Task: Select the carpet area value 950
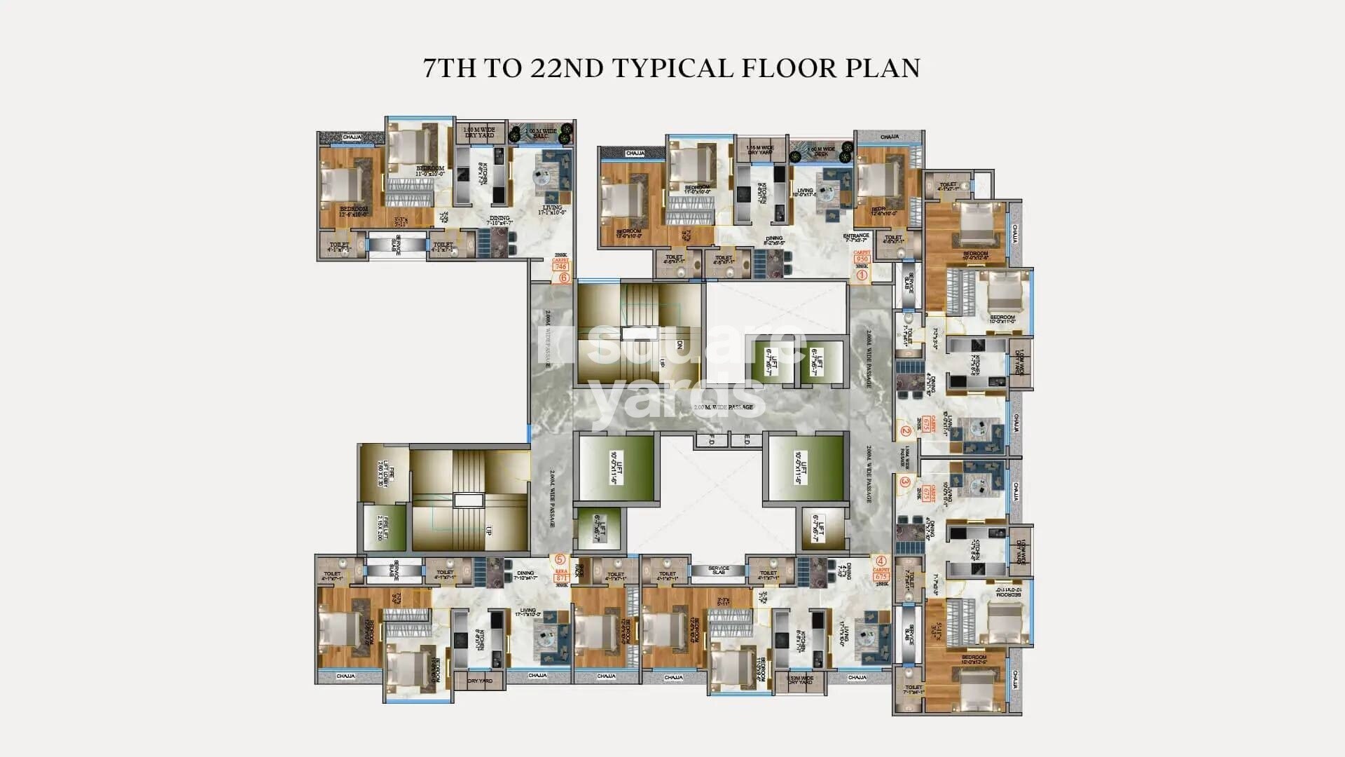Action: point(862,259)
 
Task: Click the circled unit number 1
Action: point(862,275)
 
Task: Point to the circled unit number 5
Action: point(560,559)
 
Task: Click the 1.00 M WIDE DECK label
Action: point(821,151)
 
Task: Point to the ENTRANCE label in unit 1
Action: point(856,238)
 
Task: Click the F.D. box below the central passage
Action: point(710,441)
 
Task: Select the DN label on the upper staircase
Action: point(679,346)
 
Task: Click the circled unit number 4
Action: point(881,561)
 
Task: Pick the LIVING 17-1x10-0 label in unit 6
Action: point(551,210)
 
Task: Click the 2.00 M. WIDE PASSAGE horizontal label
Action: point(723,407)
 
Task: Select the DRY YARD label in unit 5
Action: point(480,681)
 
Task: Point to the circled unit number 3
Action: point(904,482)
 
